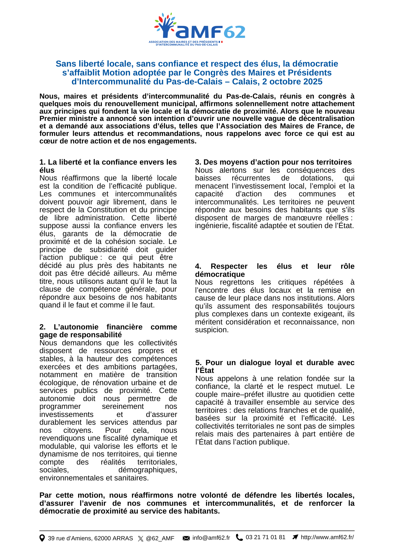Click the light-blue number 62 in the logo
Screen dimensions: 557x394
coord(235,32)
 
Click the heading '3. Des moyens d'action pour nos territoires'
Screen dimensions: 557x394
coord(273,162)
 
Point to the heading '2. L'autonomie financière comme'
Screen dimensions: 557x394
coord(108,327)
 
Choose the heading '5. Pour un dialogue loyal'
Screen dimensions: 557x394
coord(274,362)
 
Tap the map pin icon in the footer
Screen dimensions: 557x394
coord(42,538)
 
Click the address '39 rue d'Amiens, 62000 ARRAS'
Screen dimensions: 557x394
coord(90,538)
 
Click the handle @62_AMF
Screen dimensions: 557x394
coord(160,538)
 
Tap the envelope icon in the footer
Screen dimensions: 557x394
coord(186,538)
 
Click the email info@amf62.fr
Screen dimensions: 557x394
coord(211,538)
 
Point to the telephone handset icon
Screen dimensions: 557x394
coord(239,537)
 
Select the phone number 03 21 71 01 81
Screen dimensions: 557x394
coord(265,537)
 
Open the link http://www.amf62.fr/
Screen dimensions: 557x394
coord(327,537)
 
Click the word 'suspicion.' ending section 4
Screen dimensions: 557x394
coord(212,330)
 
